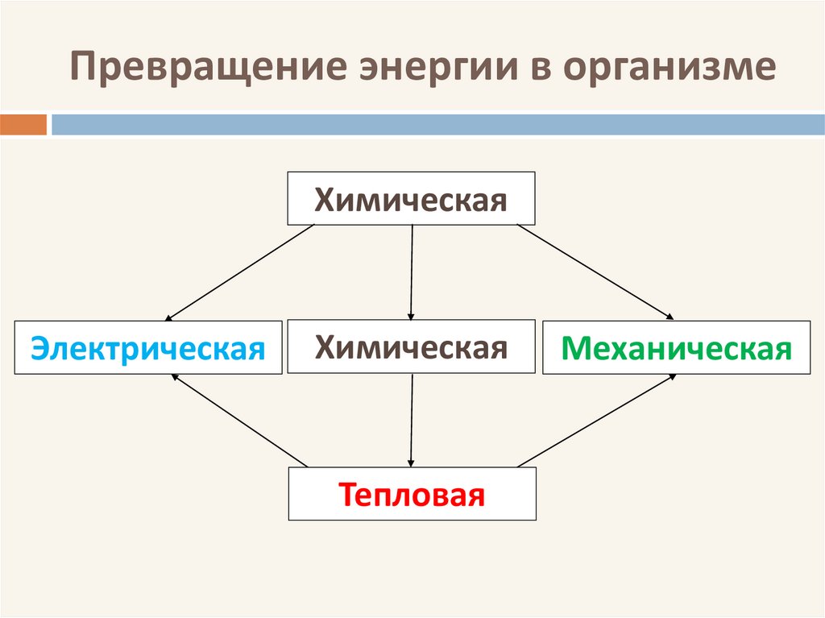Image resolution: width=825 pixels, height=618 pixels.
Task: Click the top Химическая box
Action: point(411,198)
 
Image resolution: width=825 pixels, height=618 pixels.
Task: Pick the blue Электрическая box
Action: point(148,348)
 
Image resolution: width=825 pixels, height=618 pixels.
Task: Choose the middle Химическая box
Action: point(411,346)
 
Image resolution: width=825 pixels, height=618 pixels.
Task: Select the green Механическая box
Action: point(676,348)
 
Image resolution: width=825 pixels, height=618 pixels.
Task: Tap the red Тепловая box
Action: point(412,493)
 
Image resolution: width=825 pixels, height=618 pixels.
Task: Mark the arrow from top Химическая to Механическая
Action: point(596,272)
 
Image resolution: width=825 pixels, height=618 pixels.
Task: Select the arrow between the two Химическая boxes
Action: point(412,272)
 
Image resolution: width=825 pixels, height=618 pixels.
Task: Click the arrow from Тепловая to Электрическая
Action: point(240,420)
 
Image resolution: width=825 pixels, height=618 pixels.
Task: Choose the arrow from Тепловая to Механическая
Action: point(596,420)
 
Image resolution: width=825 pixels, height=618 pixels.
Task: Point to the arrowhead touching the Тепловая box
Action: point(412,462)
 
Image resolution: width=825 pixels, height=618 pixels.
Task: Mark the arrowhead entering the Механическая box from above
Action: point(668,316)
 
